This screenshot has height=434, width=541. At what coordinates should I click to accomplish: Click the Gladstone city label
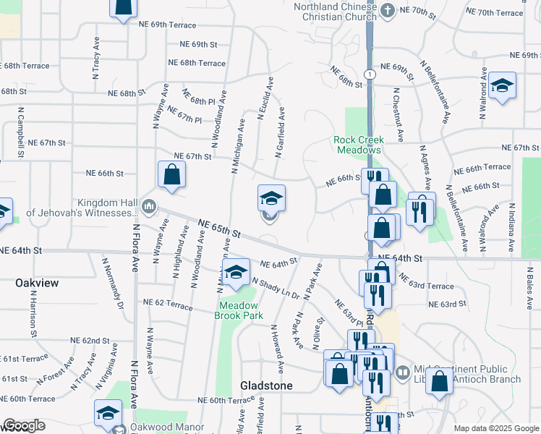(x=267, y=386)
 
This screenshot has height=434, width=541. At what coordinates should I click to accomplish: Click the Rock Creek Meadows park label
(x=357, y=144)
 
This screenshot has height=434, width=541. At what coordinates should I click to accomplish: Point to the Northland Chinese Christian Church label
(x=331, y=12)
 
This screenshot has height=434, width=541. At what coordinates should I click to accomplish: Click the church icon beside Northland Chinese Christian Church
(x=388, y=9)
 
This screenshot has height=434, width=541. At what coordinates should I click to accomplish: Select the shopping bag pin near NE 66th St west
(x=171, y=174)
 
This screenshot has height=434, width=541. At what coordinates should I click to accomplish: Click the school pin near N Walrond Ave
(x=502, y=87)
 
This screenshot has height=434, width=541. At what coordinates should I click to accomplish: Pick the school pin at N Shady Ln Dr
(x=236, y=273)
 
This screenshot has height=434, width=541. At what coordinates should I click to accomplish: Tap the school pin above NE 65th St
(x=271, y=198)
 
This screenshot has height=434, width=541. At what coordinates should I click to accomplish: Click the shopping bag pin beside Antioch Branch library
(x=438, y=380)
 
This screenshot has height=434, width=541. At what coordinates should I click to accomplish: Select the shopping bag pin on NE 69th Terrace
(x=124, y=7)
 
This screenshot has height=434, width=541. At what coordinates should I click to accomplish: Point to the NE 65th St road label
(x=218, y=229)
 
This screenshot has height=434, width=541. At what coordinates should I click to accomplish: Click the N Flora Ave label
(x=135, y=245)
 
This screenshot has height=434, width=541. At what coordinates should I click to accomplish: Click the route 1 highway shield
(x=370, y=74)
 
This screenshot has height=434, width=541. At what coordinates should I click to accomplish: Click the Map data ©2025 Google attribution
(x=495, y=428)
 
